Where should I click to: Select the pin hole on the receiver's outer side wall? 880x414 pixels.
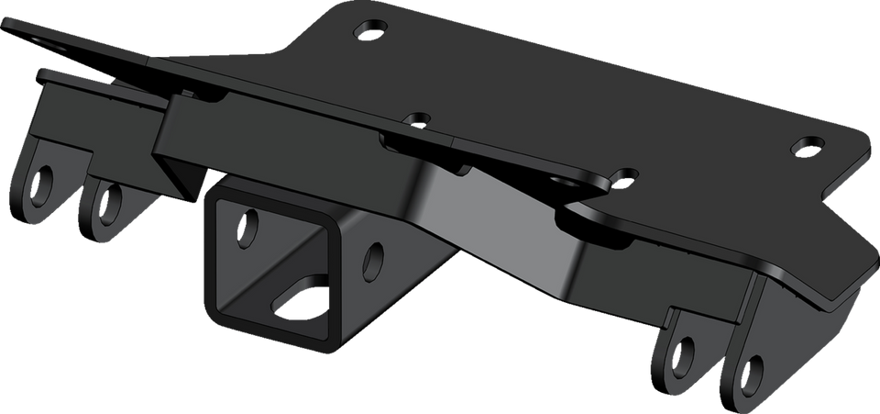[x=374, y=259]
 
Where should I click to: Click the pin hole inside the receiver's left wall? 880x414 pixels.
[x=247, y=227]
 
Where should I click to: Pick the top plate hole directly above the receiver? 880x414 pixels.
[x=417, y=119]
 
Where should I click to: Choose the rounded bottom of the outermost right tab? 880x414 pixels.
[x=747, y=400]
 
